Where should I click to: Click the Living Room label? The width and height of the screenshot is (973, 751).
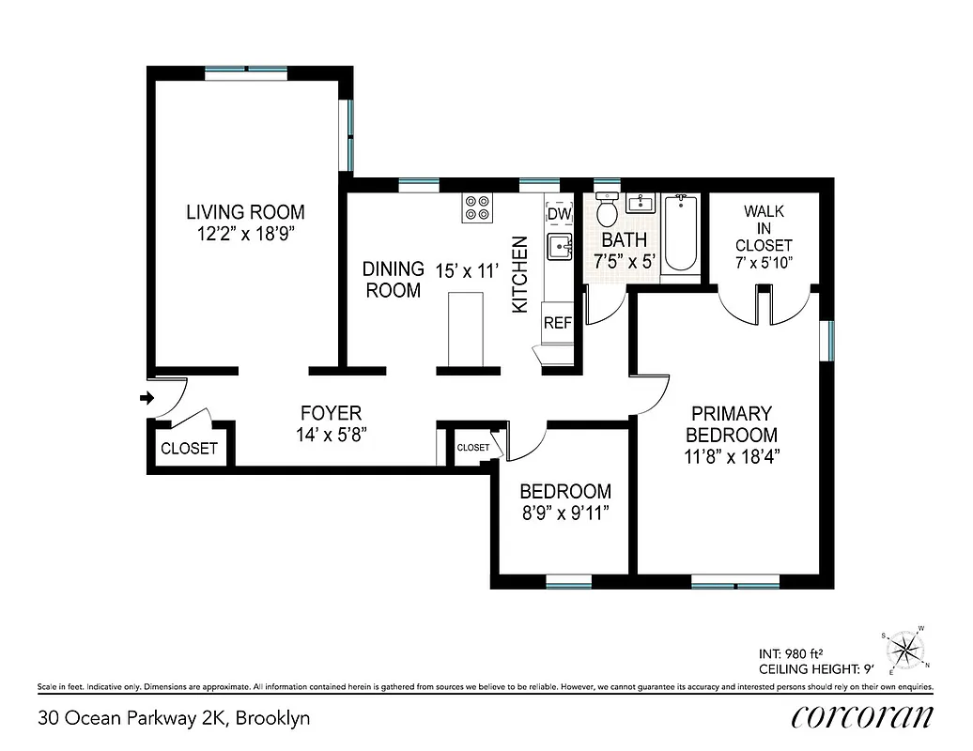(x=245, y=212)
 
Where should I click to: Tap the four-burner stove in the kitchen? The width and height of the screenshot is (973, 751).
(x=478, y=208)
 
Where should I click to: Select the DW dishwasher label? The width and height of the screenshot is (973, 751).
(x=559, y=214)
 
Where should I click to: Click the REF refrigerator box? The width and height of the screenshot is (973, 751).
(x=558, y=323)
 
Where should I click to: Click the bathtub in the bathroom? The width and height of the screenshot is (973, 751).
(x=681, y=234)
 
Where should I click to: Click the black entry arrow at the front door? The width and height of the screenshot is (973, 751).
(x=146, y=399)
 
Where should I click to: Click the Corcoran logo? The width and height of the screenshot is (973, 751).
(x=862, y=718)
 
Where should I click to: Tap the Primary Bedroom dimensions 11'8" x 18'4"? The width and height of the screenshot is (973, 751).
(x=732, y=457)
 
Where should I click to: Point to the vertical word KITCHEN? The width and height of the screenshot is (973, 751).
(x=520, y=274)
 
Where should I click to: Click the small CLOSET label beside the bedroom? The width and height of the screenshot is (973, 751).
(x=473, y=448)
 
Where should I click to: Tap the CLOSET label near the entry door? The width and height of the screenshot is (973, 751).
(x=189, y=449)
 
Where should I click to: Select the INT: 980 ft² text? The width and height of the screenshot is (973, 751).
(x=797, y=653)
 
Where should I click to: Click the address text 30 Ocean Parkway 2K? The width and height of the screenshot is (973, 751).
(x=174, y=719)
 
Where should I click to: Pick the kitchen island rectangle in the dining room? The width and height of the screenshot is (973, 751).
(x=466, y=328)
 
